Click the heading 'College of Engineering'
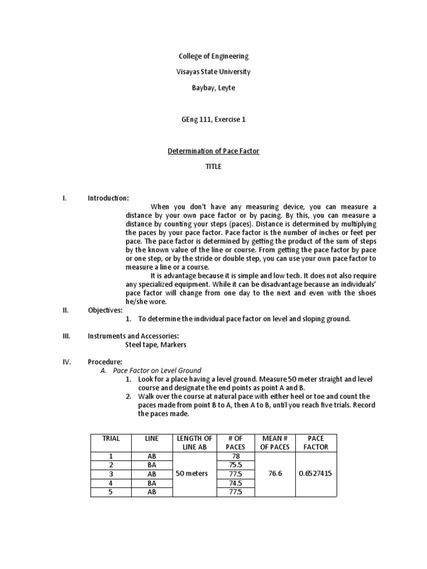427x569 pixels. (x=213, y=56)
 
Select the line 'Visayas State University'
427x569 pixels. (x=213, y=72)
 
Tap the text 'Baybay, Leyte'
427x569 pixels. (x=213, y=88)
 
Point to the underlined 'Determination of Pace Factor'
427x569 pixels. (x=213, y=151)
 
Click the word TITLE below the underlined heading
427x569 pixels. (x=213, y=167)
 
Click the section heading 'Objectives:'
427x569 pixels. (x=105, y=310)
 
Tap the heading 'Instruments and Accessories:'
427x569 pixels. (x=133, y=336)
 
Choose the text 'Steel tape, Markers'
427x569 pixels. (x=156, y=345)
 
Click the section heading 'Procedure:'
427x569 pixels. (x=105, y=362)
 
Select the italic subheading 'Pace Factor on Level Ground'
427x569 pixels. (x=157, y=370)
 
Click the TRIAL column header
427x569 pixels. (x=111, y=438)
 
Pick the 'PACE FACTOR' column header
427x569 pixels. (x=317, y=442)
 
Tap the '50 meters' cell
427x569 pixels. (x=192, y=473)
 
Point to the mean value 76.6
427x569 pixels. (x=276, y=473)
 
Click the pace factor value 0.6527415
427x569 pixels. (x=317, y=473)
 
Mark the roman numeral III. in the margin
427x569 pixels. (x=66, y=336)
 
